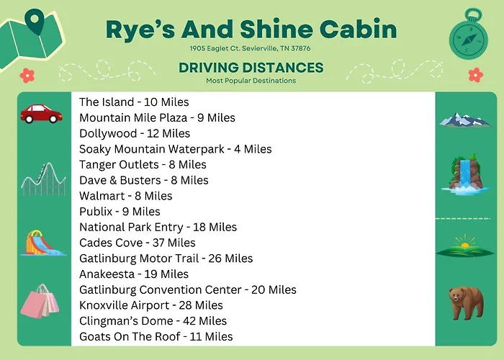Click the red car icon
pyautogui.click(x=42, y=114)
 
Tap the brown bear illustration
pyautogui.click(x=466, y=303)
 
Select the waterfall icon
pyautogui.click(x=466, y=174)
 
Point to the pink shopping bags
pyautogui.click(x=40, y=301)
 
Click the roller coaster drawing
pyautogui.click(x=43, y=179)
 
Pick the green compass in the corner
pyautogui.click(x=468, y=35)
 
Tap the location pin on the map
pyautogui.click(x=34, y=22)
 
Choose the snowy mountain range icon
pyautogui.click(x=465, y=120)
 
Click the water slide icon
pyautogui.click(x=43, y=243)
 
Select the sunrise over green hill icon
pyautogui.click(x=465, y=246)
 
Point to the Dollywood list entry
pyautogui.click(x=135, y=133)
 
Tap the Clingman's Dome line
pyautogui.click(x=153, y=321)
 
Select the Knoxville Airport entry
pyautogui.click(x=151, y=305)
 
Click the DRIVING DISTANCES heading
pyautogui.click(x=251, y=68)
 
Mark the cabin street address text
pyautogui.click(x=250, y=48)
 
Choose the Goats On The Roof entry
pyautogui.click(x=156, y=336)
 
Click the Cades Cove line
pyautogui.click(x=138, y=243)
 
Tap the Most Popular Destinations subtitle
pyautogui.click(x=251, y=81)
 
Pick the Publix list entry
pyautogui.click(x=120, y=212)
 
